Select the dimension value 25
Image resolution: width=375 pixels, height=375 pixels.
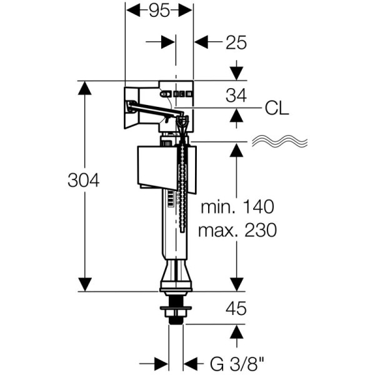[236, 42]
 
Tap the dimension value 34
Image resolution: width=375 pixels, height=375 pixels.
[236, 95]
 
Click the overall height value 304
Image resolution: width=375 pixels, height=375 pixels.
[84, 181]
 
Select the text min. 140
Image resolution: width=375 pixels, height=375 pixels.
[236, 207]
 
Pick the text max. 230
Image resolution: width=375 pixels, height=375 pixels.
[236, 230]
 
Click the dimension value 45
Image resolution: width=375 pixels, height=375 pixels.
[236, 308]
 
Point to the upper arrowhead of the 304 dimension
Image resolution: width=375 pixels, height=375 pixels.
[84, 87]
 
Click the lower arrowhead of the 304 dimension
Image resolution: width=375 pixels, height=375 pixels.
[84, 284]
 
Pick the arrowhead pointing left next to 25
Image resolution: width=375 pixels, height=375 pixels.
[201, 42]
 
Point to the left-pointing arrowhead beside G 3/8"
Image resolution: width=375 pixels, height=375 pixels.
[191, 362]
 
